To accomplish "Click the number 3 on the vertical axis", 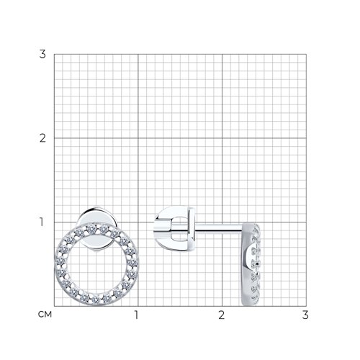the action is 42,54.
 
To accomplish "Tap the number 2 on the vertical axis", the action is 42,138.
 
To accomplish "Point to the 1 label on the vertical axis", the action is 42,222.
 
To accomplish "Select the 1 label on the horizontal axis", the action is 136,315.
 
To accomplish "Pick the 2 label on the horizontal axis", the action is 221,315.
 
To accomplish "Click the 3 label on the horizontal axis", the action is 305,315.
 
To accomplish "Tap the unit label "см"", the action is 45,315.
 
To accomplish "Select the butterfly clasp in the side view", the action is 174,229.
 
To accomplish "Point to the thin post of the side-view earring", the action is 218,228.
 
